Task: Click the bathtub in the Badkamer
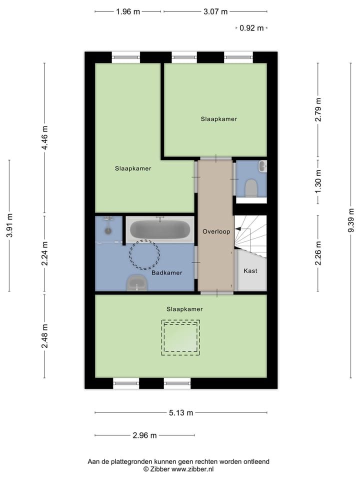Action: point(160,230)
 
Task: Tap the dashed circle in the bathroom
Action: point(145,254)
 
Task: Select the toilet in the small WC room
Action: point(250,187)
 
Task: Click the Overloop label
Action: point(216,231)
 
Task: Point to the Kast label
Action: point(250,270)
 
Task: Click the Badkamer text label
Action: point(167,272)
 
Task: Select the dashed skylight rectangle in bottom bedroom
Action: point(180,337)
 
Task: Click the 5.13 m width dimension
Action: point(180,413)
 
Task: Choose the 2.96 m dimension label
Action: point(144,435)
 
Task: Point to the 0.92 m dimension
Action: point(251,28)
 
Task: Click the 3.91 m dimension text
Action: point(9,225)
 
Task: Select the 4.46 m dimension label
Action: point(44,138)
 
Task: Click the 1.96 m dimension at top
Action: point(127,11)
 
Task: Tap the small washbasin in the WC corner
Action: point(262,166)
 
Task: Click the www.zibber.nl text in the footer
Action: point(192,469)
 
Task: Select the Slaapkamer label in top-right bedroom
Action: point(218,119)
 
